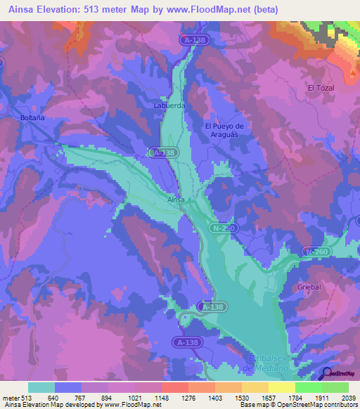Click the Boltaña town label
click(x=33, y=117)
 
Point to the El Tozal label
click(x=321, y=87)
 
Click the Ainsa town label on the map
click(x=176, y=200)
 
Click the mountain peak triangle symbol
click(x=352, y=72)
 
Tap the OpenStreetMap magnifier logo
click(x=326, y=374)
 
